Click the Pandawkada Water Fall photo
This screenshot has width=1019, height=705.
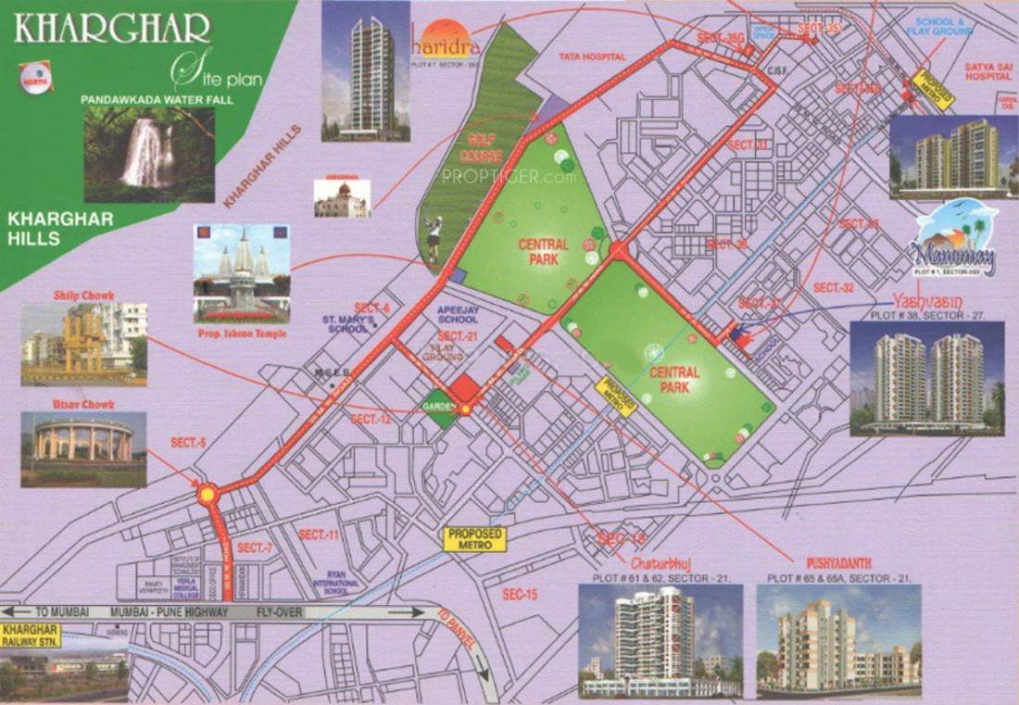coord(149,154)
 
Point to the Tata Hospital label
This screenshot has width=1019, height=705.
coord(592,57)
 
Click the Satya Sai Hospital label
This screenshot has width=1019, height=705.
coord(988,71)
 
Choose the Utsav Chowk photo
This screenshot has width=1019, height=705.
coord(83,448)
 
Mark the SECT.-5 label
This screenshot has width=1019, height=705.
coord(187,443)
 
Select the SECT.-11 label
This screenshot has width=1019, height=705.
coord(319,535)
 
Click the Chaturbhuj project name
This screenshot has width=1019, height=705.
coord(661,563)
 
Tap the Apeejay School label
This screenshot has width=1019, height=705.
coord(458,314)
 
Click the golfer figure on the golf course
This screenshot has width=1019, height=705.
coord(433,238)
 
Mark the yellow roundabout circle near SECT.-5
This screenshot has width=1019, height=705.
coord(208,496)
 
